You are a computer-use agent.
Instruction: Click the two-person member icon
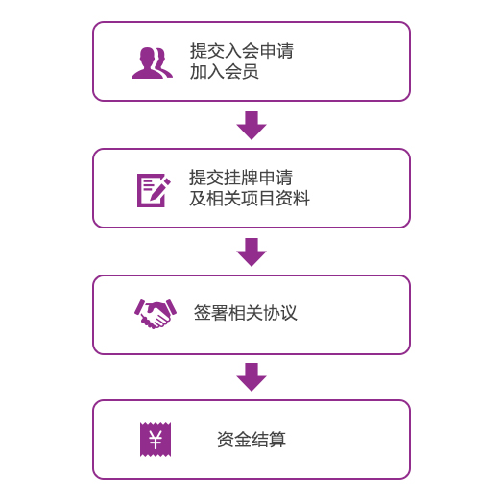pos(152,63)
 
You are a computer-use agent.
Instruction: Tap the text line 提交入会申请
pos(242,51)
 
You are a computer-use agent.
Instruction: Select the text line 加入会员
pos(225,71)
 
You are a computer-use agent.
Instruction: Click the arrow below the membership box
pos(252,126)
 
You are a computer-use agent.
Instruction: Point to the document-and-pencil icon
pos(154,190)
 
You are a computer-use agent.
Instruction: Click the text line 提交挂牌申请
pos(241,178)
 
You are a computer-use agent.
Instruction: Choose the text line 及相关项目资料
pos(250,199)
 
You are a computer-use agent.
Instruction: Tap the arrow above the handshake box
pos(252,252)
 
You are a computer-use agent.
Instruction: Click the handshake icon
pos(156,314)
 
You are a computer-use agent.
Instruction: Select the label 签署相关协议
pos(246,312)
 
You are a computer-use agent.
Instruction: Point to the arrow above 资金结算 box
pos(252,377)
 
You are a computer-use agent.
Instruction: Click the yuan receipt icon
pos(156,440)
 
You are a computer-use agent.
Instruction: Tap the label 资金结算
pos(252,439)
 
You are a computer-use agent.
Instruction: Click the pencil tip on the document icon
pos(150,199)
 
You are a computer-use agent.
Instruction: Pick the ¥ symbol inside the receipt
pos(156,439)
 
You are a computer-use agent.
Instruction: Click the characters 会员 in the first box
pos(242,71)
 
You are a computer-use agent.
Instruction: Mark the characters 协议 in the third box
pos(280,312)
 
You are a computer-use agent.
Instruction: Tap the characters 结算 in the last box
pos(269,439)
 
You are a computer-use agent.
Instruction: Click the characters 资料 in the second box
pos(293,199)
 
